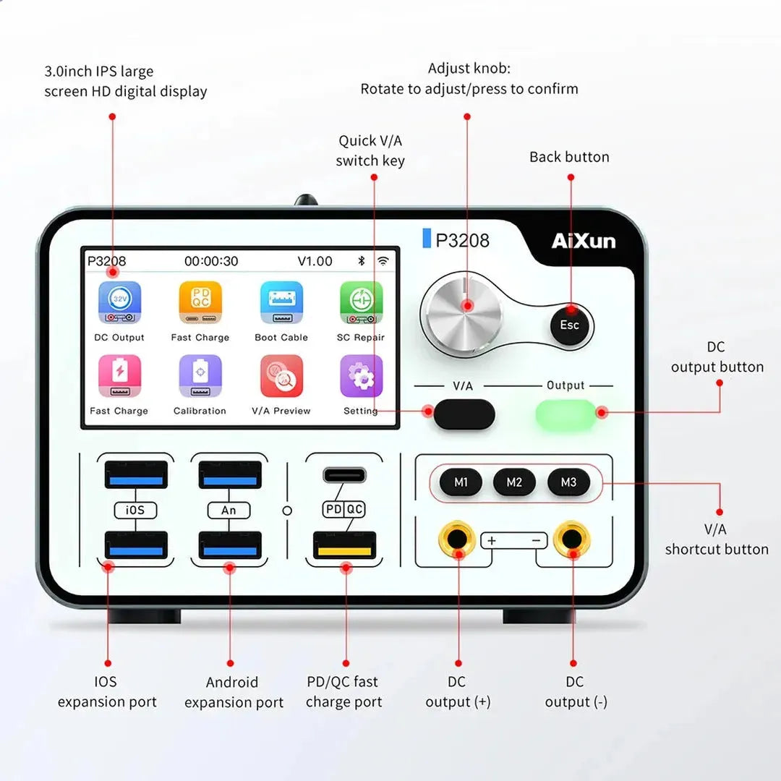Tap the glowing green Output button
click(x=566, y=414)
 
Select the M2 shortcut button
click(x=514, y=482)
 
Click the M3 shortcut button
click(x=568, y=482)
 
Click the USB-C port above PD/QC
click(x=344, y=475)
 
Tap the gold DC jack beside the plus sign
click(x=457, y=539)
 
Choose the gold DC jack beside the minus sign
click(x=572, y=539)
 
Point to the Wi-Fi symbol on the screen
click(x=383, y=261)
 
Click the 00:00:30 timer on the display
click(x=211, y=261)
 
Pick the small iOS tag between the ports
click(x=135, y=510)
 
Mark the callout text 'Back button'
click(x=569, y=157)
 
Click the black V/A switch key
click(x=464, y=414)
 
